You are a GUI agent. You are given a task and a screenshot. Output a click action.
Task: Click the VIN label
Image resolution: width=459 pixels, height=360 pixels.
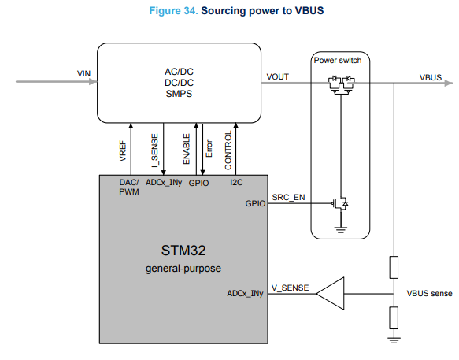(83, 73)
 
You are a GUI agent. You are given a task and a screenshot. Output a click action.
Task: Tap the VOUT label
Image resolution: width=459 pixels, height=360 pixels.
(277, 76)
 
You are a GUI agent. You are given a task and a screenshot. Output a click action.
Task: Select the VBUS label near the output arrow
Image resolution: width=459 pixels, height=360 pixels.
(431, 77)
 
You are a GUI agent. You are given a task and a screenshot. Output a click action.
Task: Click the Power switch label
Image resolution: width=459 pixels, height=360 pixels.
(338, 61)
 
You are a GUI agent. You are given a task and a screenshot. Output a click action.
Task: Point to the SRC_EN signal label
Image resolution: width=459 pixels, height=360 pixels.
(288, 198)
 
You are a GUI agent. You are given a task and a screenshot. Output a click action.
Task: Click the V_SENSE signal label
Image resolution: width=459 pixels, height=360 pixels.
(290, 288)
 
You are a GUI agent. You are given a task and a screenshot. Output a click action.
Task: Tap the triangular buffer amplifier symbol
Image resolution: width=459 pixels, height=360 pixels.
(330, 294)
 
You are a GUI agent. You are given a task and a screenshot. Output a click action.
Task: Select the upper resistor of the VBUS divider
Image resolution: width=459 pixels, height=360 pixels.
(394, 267)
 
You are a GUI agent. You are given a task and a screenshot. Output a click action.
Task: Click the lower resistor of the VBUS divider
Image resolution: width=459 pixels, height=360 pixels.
(394, 317)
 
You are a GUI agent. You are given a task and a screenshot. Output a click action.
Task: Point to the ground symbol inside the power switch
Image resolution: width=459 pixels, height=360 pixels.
(340, 230)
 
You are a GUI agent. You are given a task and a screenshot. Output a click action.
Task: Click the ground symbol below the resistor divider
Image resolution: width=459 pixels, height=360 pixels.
(394, 340)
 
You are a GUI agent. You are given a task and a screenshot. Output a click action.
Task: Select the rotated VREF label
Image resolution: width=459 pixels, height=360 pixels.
(123, 151)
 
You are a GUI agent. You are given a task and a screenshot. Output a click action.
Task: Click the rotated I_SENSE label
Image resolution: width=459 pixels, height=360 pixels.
(154, 150)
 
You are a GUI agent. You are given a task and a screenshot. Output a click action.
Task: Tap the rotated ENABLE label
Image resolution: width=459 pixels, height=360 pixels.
(187, 149)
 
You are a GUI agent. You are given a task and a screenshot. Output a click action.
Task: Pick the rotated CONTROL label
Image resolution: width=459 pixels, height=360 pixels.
(228, 150)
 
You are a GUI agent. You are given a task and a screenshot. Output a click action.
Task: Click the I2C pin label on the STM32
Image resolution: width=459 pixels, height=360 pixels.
(236, 183)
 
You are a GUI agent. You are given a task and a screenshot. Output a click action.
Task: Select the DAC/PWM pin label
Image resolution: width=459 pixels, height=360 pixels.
(129, 187)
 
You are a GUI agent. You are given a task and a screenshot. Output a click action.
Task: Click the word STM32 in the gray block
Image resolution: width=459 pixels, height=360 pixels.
(183, 251)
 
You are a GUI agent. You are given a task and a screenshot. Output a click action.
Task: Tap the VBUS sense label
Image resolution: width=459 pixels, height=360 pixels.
(429, 293)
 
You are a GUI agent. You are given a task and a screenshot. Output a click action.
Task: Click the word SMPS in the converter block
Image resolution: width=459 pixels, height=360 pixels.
(179, 94)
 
